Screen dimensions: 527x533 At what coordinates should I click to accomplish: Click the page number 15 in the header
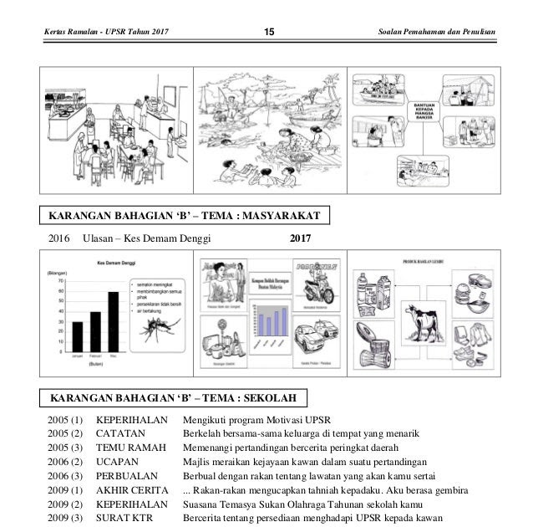268,32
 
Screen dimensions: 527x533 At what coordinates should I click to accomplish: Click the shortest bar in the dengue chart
78,336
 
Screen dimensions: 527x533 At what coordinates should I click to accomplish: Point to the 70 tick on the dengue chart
61,282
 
